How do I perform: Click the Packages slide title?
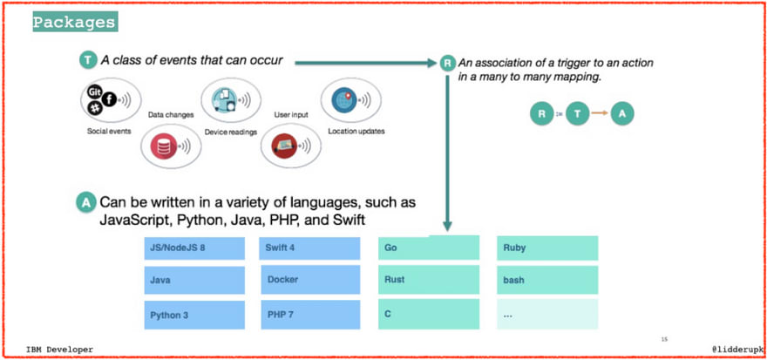tap(75, 22)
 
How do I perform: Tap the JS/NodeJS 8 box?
tap(194, 248)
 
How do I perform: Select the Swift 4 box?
tap(309, 248)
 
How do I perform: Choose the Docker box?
tap(310, 280)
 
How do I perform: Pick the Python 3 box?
tap(194, 315)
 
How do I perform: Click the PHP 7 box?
tap(310, 315)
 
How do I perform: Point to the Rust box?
tap(429, 280)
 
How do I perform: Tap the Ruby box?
tap(547, 248)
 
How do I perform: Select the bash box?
tap(547, 280)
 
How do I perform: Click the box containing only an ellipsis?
tap(547, 314)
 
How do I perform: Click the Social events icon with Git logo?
tap(111, 99)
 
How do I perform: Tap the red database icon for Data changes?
tap(171, 146)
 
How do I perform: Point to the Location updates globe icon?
tap(350, 100)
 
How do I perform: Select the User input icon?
tap(290, 146)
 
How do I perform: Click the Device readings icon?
tap(231, 99)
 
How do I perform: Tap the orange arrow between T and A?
tap(600, 113)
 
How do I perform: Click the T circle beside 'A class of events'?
tap(88, 61)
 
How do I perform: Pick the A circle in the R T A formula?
tap(622, 114)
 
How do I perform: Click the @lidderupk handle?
tap(736, 350)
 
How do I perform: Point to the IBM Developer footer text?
tap(59, 350)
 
